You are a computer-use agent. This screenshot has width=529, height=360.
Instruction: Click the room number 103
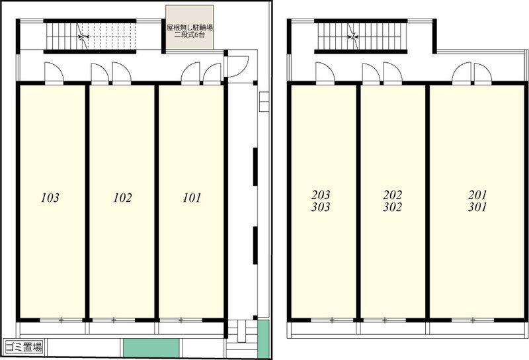pyautogui.click(x=50, y=198)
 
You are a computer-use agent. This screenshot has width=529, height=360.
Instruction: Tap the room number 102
pyautogui.click(x=122, y=198)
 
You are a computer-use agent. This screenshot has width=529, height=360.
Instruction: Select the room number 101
pyautogui.click(x=192, y=198)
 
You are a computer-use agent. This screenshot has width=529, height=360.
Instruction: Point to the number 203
pyautogui.click(x=321, y=195)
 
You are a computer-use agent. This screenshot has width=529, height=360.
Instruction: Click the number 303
pyautogui.click(x=321, y=206)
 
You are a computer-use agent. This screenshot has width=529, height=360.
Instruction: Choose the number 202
pyautogui.click(x=392, y=195)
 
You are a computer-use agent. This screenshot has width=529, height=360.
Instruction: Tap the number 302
pyautogui.click(x=392, y=206)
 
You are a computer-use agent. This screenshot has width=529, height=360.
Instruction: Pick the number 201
pyautogui.click(x=477, y=195)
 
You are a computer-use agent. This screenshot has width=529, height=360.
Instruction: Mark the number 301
pyautogui.click(x=477, y=206)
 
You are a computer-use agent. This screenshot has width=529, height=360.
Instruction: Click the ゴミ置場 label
pyautogui.click(x=24, y=347)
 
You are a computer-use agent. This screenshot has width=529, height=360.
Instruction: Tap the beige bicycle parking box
pyautogui.click(x=190, y=27)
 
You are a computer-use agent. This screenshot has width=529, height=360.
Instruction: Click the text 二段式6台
pyautogui.click(x=190, y=34)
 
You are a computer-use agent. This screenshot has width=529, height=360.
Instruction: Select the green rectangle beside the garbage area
pyautogui.click(x=151, y=348)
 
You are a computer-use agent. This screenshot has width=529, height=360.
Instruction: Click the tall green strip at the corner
pyautogui.click(x=263, y=339)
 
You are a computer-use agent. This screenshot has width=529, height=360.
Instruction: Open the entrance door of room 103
pyautogui.click(x=54, y=73)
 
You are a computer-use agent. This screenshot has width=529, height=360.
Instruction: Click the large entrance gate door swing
pyautogui.click(x=238, y=67)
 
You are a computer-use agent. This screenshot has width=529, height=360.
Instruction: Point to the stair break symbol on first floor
pyautogui.click(x=82, y=36)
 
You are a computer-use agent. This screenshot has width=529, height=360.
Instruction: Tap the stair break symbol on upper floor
pyautogui.click(x=354, y=36)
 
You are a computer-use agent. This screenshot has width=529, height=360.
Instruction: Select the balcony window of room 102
pyautogui.click(x=114, y=320)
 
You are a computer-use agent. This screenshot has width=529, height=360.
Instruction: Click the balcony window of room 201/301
pyautogui.click(x=473, y=320)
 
